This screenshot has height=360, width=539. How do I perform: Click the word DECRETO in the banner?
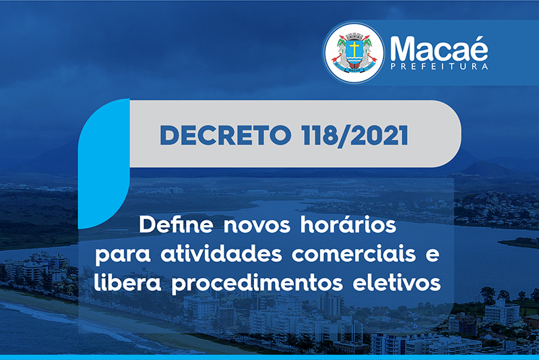click(226, 135)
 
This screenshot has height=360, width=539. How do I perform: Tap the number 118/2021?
click(355, 136)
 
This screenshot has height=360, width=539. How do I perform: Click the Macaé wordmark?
click(439, 49)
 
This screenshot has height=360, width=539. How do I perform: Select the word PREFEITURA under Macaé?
click(439, 66)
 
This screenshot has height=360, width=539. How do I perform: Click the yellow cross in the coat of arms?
click(354, 49)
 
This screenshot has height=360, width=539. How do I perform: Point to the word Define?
click(176, 224)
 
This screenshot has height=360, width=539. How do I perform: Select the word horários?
click(348, 224)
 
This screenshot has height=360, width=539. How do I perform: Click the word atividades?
click(221, 253)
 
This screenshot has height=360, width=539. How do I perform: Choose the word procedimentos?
click(257, 284)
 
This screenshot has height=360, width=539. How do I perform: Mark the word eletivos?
click(397, 282)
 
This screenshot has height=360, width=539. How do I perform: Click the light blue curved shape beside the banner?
click(104, 164)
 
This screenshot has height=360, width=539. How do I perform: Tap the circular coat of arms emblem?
click(354, 53)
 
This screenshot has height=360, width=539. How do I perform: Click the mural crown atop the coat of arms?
click(354, 36)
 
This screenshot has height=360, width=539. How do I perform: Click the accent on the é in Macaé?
click(481, 39)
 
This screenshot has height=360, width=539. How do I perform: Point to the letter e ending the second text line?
click(433, 256)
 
